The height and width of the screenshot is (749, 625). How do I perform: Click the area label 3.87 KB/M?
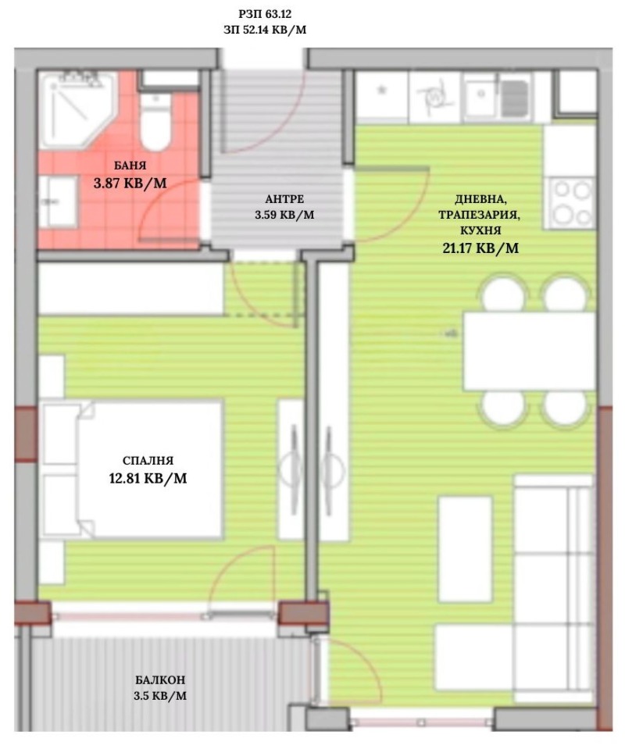click(130, 183)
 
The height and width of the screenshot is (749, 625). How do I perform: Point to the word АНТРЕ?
click(279, 198)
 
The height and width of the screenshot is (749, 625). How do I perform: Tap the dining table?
click(529, 351)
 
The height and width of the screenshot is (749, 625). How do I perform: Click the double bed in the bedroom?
click(133, 469)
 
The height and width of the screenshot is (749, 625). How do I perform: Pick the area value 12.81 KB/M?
click(148, 478)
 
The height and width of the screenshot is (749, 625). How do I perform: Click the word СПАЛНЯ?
click(148, 461)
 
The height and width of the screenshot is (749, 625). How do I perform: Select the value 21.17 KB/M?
click(480, 249)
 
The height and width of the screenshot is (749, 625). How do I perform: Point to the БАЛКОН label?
click(159, 679)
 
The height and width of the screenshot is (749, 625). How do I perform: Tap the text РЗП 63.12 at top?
click(270, 14)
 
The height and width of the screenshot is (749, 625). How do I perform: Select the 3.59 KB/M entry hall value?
click(279, 215)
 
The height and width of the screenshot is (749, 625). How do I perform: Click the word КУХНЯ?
click(480, 231)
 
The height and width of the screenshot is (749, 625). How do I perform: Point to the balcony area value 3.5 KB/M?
click(159, 696)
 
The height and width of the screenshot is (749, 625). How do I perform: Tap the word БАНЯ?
click(130, 166)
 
